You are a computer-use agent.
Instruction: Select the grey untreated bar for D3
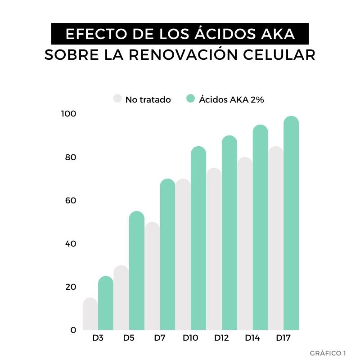click(90, 315)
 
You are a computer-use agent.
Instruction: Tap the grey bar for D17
click(276, 238)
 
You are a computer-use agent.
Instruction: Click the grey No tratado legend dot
click(118, 99)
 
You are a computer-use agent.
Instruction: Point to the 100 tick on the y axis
click(69, 114)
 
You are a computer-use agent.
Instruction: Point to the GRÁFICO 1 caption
click(328, 352)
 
